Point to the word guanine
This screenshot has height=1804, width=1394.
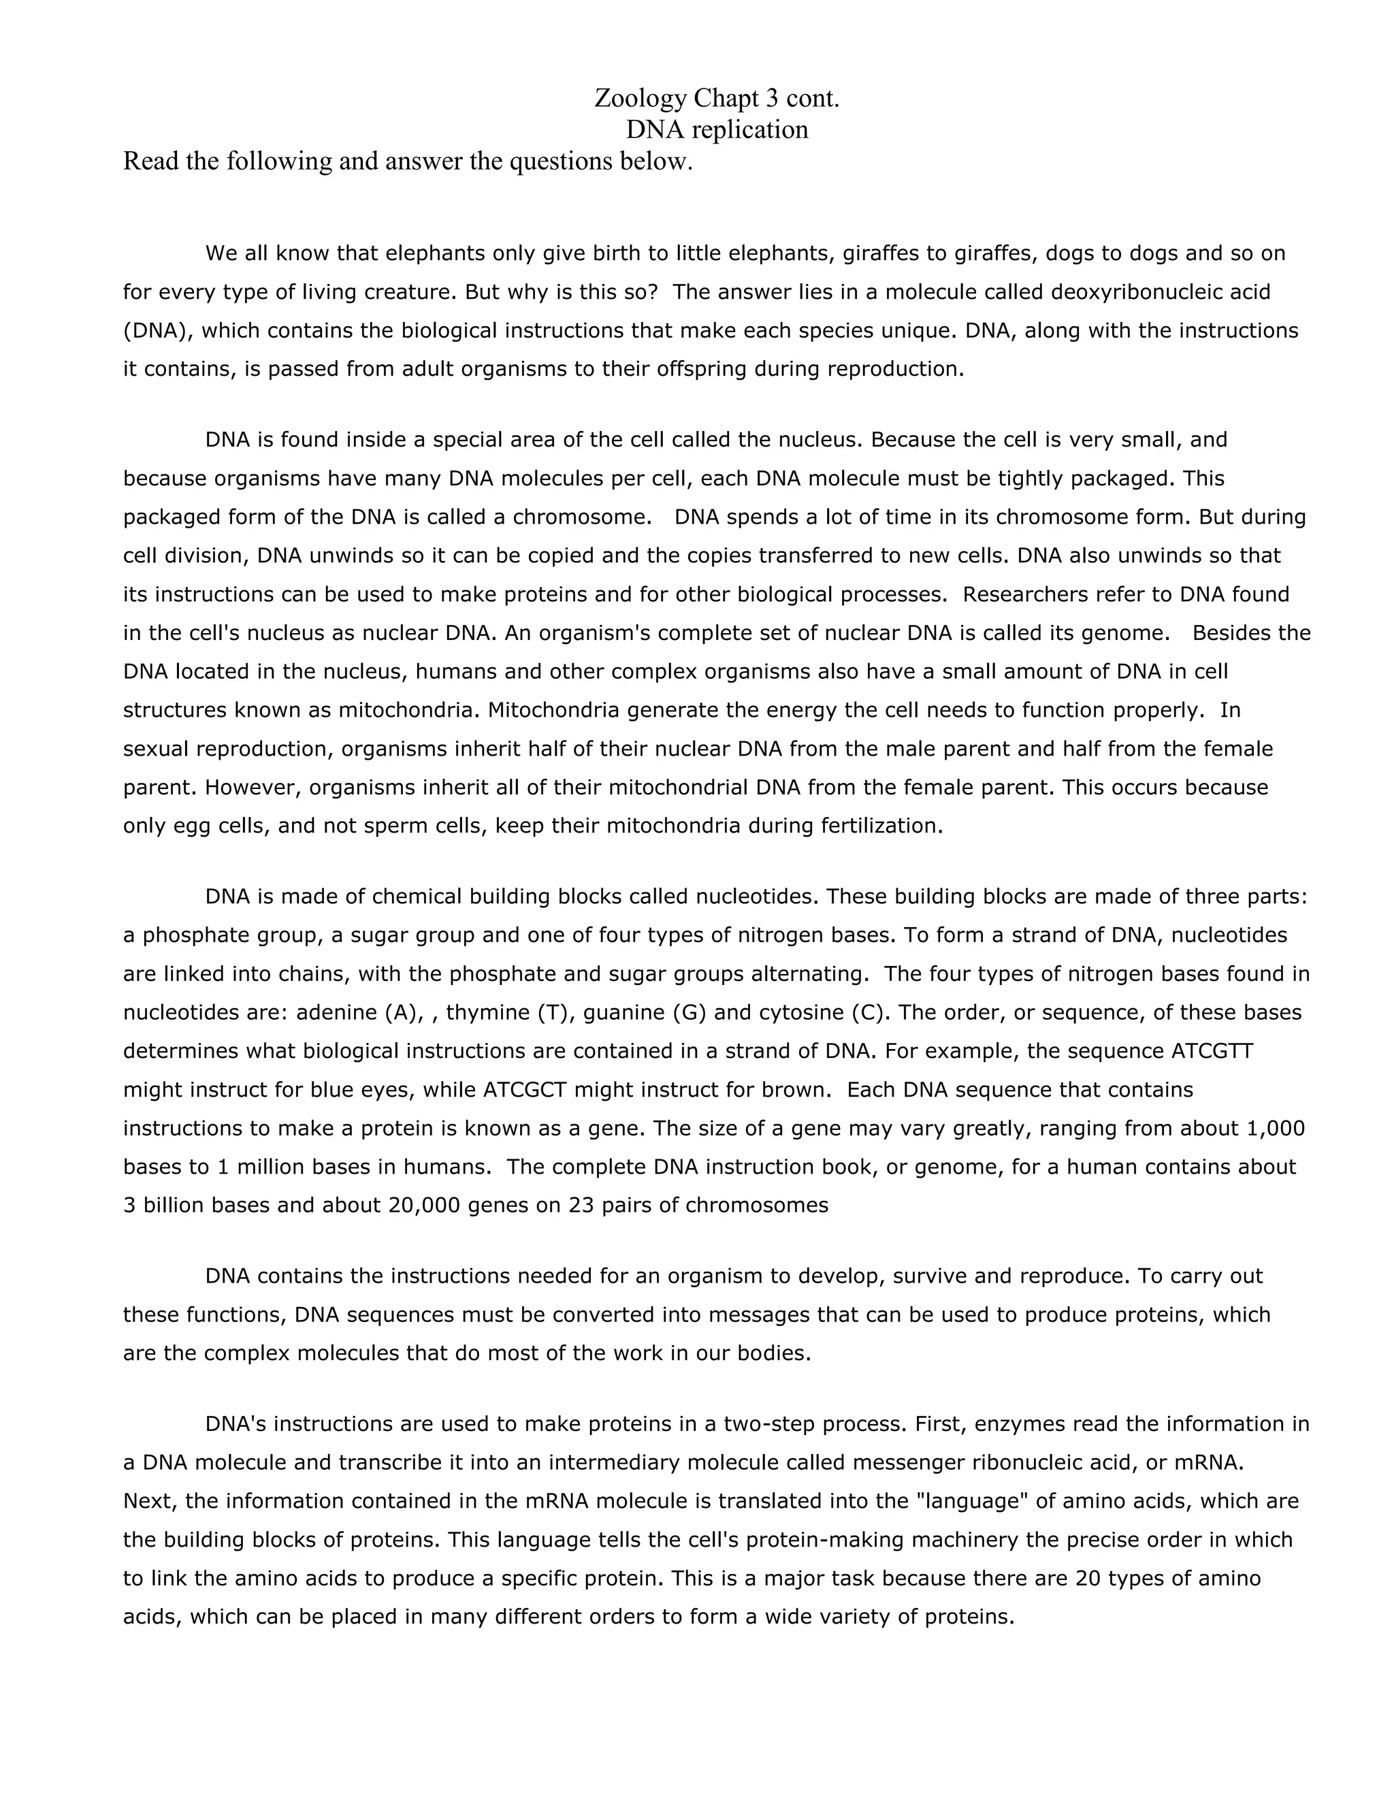(x=619, y=1013)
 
